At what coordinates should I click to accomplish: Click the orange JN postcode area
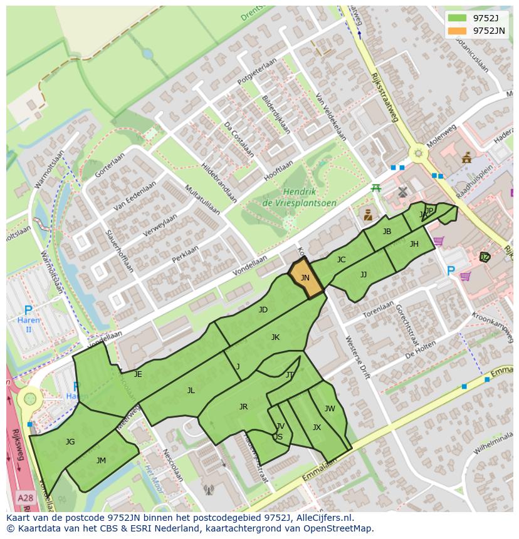(305, 279)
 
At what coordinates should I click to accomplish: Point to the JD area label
(263, 310)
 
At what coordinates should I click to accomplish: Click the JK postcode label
(275, 337)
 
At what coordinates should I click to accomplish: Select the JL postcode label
(191, 390)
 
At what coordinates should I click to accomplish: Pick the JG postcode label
(70, 442)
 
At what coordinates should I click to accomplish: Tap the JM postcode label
(101, 460)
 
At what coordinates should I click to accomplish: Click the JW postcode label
(330, 409)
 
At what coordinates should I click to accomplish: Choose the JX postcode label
(317, 428)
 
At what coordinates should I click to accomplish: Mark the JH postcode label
(414, 244)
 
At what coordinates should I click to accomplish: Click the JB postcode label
(387, 232)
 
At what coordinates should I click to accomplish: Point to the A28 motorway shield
(25, 498)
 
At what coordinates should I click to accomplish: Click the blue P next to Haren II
(28, 311)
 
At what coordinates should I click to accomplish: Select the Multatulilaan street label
(202, 198)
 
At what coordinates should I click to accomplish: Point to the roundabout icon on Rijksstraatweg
(417, 153)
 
